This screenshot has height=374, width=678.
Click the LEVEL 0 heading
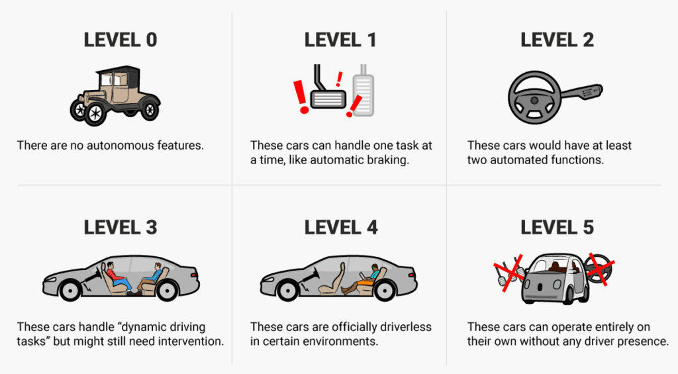120,40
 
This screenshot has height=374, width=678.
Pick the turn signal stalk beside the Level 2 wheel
581,92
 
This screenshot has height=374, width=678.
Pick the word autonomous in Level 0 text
108,145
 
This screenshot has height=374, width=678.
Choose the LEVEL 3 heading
120,228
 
